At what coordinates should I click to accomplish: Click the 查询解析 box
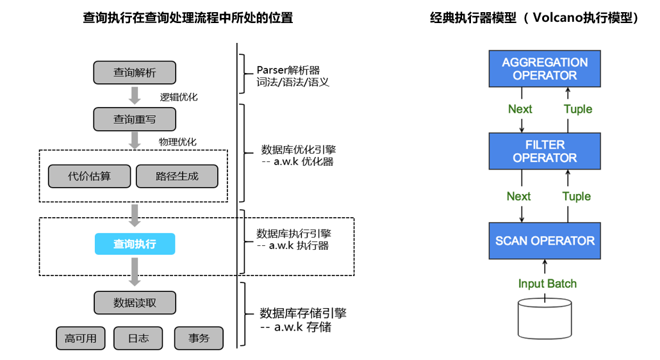[x=135, y=72]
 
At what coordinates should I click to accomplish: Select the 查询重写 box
[x=135, y=119]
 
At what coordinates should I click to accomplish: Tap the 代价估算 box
[x=89, y=176]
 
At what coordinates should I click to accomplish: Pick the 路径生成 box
[x=177, y=176]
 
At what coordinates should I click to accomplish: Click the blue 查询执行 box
[x=135, y=244]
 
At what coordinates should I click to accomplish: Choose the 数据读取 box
[x=135, y=303]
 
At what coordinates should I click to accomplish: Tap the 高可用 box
[x=80, y=338]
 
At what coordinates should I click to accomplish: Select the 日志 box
[x=138, y=338]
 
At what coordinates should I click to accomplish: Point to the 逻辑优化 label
[x=179, y=97]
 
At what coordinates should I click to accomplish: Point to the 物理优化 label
[x=177, y=142]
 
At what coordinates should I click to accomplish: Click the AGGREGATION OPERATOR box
[x=545, y=69]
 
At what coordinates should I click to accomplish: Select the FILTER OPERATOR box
[x=545, y=151]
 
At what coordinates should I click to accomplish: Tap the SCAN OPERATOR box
[x=545, y=241]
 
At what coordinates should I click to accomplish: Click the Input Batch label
[x=547, y=284]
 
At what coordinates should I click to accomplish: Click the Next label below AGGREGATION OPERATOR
[x=520, y=109]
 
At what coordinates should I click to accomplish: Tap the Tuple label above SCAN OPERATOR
[x=577, y=196]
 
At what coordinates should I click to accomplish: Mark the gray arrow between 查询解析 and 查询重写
[x=135, y=95]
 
